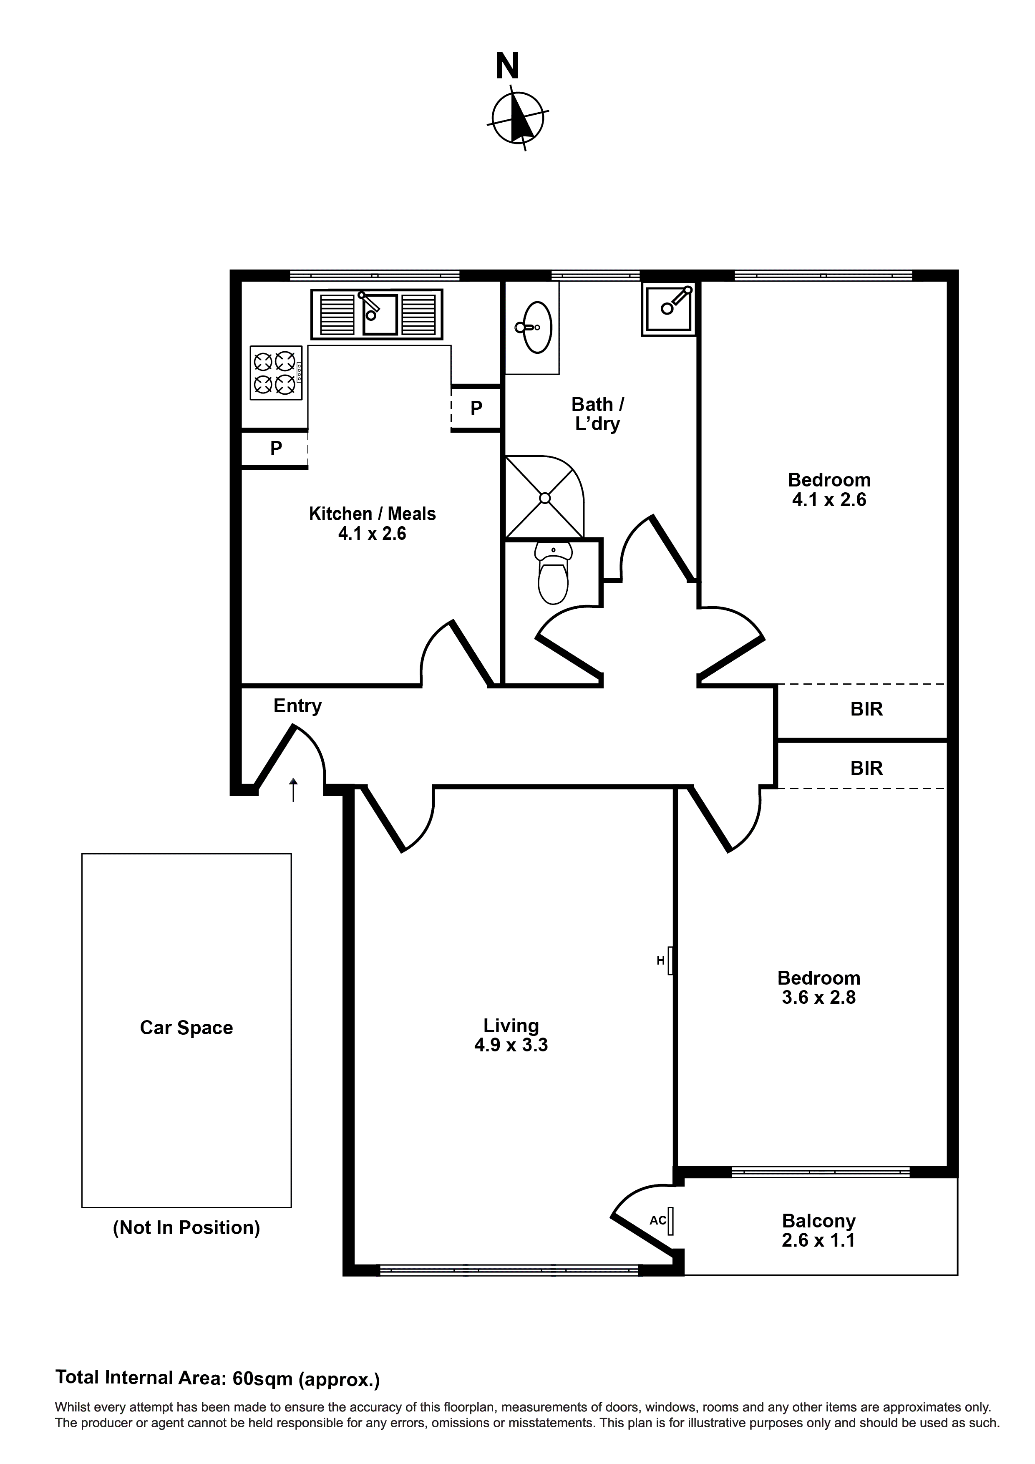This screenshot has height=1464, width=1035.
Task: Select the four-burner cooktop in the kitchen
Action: tap(275, 373)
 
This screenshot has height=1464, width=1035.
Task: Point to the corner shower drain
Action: tap(544, 498)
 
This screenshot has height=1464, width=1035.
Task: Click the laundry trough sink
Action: tap(668, 309)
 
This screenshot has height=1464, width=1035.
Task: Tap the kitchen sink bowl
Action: tap(380, 314)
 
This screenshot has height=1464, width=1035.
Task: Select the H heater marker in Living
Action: tap(661, 960)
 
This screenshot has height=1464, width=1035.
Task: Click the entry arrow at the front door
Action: tap(293, 789)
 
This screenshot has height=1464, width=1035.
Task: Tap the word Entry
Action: tap(297, 706)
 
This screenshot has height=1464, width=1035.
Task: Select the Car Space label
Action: tap(186, 1028)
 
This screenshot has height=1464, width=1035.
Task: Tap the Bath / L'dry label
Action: tap(597, 414)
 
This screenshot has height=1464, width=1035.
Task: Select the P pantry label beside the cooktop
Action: tap(275, 448)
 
